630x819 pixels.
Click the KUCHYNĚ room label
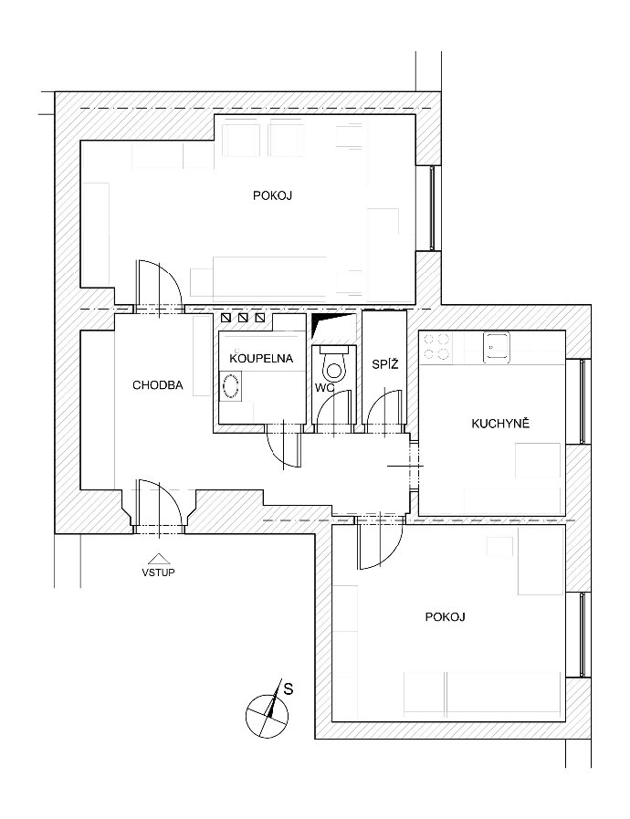coord(500,423)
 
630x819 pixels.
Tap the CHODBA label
coord(158,385)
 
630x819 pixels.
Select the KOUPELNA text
coord(261,359)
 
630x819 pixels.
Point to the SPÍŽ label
coord(385,363)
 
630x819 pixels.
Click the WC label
coord(324,388)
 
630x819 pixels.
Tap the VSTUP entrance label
coord(158,572)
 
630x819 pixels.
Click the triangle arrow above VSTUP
coord(158,559)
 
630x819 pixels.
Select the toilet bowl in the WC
coord(333,365)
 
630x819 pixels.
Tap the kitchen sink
coord(497,347)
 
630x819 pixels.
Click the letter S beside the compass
coord(288,689)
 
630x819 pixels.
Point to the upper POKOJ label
coord(272,196)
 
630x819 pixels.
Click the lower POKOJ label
coord(445,617)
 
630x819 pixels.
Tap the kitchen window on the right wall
coord(583,402)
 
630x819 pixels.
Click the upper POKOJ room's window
coord(432,208)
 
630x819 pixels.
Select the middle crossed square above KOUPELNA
coord(243,318)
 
